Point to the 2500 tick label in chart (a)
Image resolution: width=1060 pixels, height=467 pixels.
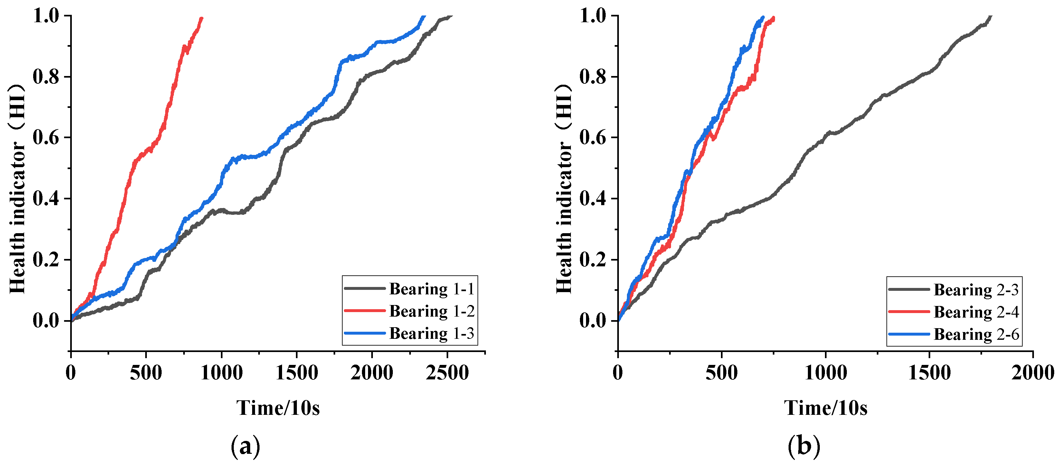447,373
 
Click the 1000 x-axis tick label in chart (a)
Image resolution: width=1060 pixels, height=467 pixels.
222,373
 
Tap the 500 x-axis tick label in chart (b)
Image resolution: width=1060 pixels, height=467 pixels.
721,373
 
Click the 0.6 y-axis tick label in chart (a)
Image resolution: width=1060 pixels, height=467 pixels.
46,138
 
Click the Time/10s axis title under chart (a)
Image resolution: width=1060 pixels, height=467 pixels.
278,408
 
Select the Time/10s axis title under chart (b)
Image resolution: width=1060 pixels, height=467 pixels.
826,408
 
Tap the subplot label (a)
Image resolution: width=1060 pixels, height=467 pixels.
246,446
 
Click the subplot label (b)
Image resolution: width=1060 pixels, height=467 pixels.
804,446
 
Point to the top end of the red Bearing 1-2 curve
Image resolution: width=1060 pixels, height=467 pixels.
202,18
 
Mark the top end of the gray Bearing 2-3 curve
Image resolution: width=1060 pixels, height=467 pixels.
990,16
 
